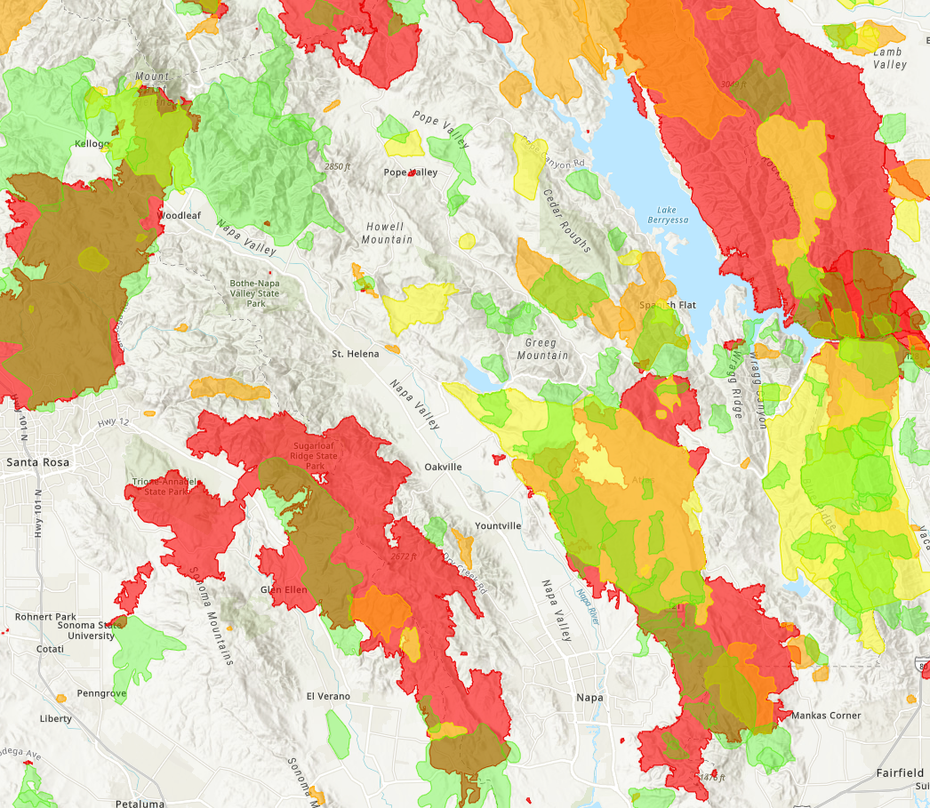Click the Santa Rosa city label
37,462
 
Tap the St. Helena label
356,354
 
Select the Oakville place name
443,467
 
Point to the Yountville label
498,526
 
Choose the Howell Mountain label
388,234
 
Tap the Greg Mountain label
542,349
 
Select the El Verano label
328,696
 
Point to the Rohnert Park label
45,617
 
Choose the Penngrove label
102,692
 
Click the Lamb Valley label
890,59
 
